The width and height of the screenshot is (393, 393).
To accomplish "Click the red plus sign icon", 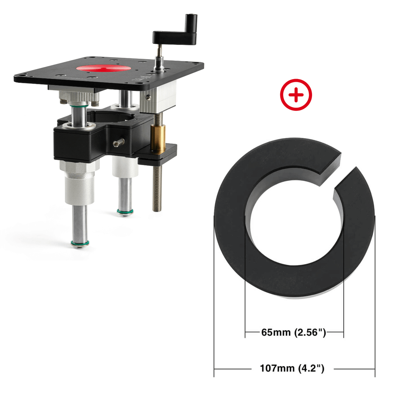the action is pos(296,95).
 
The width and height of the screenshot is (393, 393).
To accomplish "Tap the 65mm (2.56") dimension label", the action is pos(294,332).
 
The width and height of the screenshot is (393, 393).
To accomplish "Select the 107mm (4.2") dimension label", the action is pos(292,368).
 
